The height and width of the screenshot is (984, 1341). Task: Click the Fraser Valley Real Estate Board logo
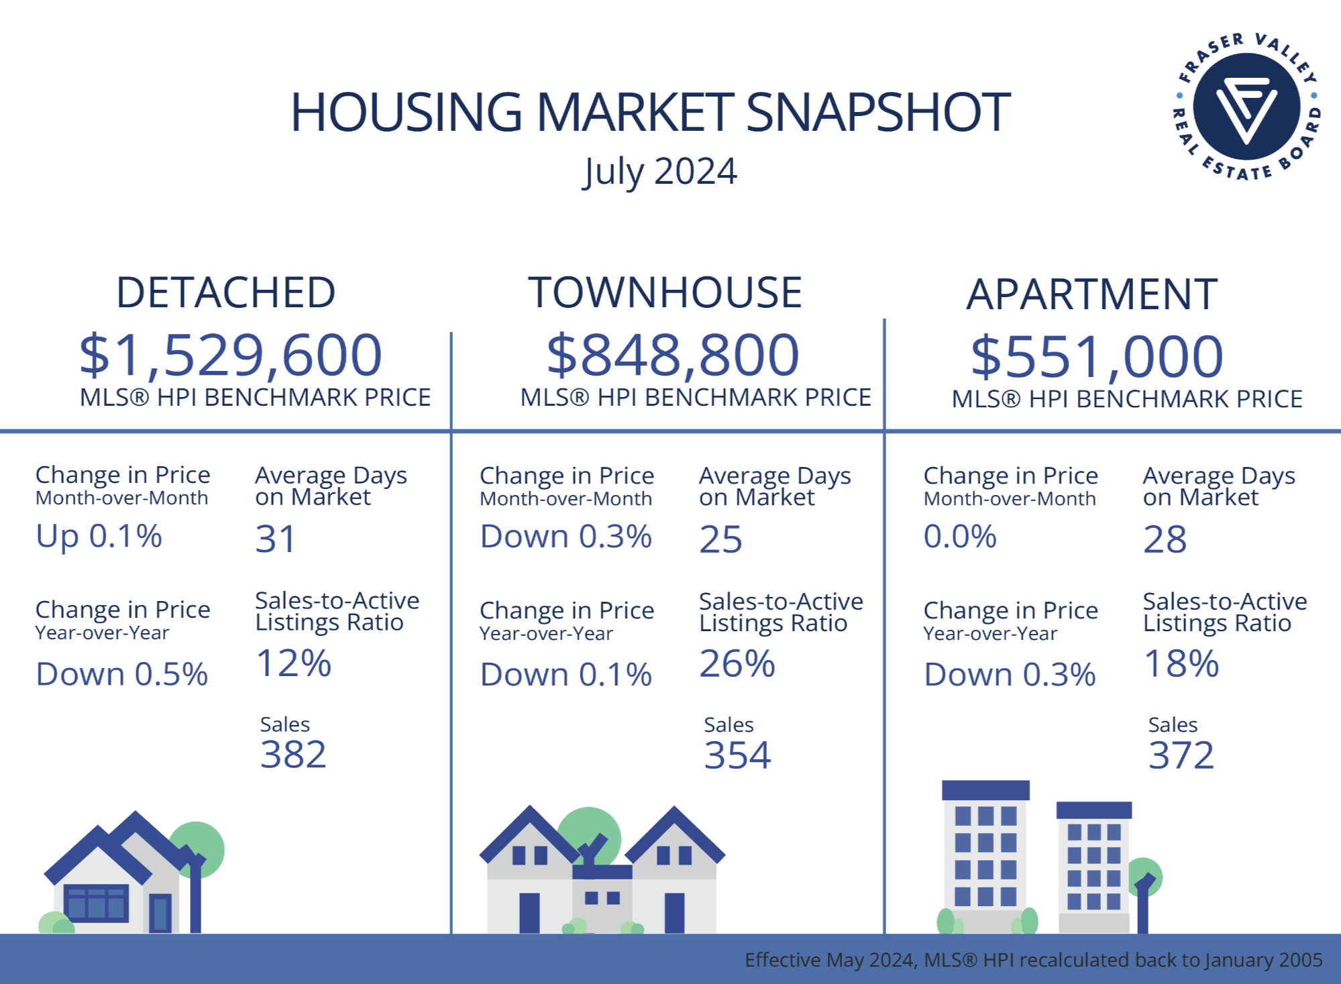point(1246,107)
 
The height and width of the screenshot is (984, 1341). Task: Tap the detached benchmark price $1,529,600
point(231,355)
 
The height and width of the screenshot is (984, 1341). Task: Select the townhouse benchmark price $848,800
point(673,355)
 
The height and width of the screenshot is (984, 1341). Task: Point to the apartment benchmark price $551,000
point(1097,356)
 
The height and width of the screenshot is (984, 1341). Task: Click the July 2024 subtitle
point(660,172)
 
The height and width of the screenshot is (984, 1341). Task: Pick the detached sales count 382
point(293,755)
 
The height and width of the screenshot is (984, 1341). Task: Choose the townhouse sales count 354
point(737,755)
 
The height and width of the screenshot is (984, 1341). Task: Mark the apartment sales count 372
point(1181,755)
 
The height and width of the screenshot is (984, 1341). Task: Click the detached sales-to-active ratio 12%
point(294,663)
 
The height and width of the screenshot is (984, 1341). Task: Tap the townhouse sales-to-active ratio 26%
point(737,664)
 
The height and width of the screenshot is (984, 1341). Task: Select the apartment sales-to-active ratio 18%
point(1181,664)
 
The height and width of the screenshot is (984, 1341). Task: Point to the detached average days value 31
point(275,539)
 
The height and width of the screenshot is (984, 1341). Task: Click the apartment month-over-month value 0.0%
point(960,537)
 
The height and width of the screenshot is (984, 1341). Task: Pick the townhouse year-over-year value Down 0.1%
point(566,675)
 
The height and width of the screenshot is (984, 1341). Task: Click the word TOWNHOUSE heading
point(665,292)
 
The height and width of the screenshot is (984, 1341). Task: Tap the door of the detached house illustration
point(160,913)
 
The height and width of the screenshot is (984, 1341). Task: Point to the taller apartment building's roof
point(985,789)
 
